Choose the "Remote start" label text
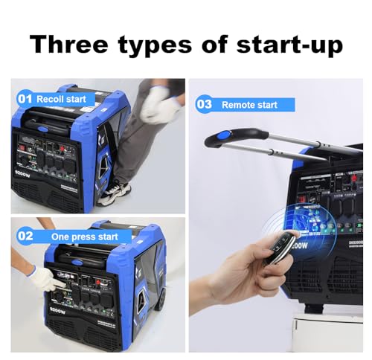[248, 105]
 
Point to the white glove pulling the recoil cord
[159, 105]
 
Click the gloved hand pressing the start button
[46, 279]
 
